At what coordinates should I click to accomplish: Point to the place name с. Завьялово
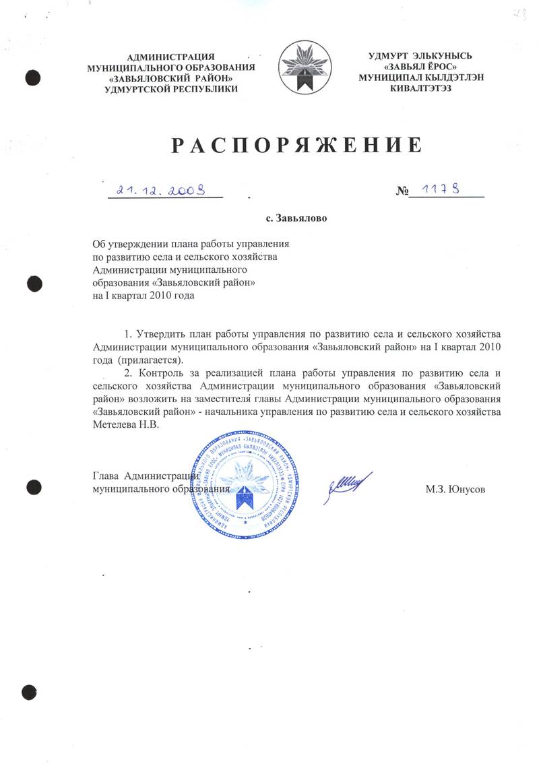[x=296, y=218]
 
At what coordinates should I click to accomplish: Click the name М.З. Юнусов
[x=455, y=489]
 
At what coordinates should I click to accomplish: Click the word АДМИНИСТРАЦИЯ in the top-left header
[x=170, y=57]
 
